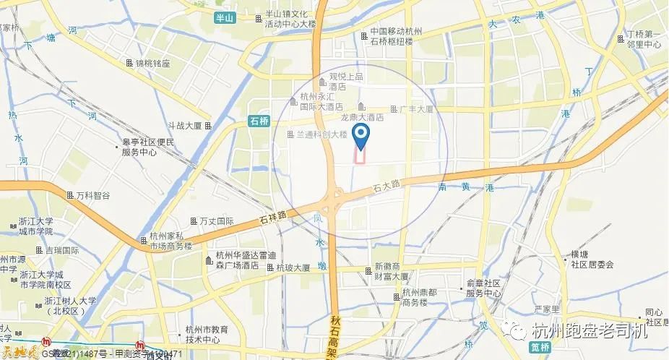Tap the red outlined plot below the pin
(x=360, y=155)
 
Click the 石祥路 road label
(x=272, y=215)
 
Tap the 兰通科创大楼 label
(x=321, y=134)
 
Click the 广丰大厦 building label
(x=415, y=109)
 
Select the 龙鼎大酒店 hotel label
(x=361, y=117)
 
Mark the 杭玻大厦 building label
(x=293, y=267)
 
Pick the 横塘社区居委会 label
(x=592, y=260)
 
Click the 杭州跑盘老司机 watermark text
(x=589, y=331)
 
